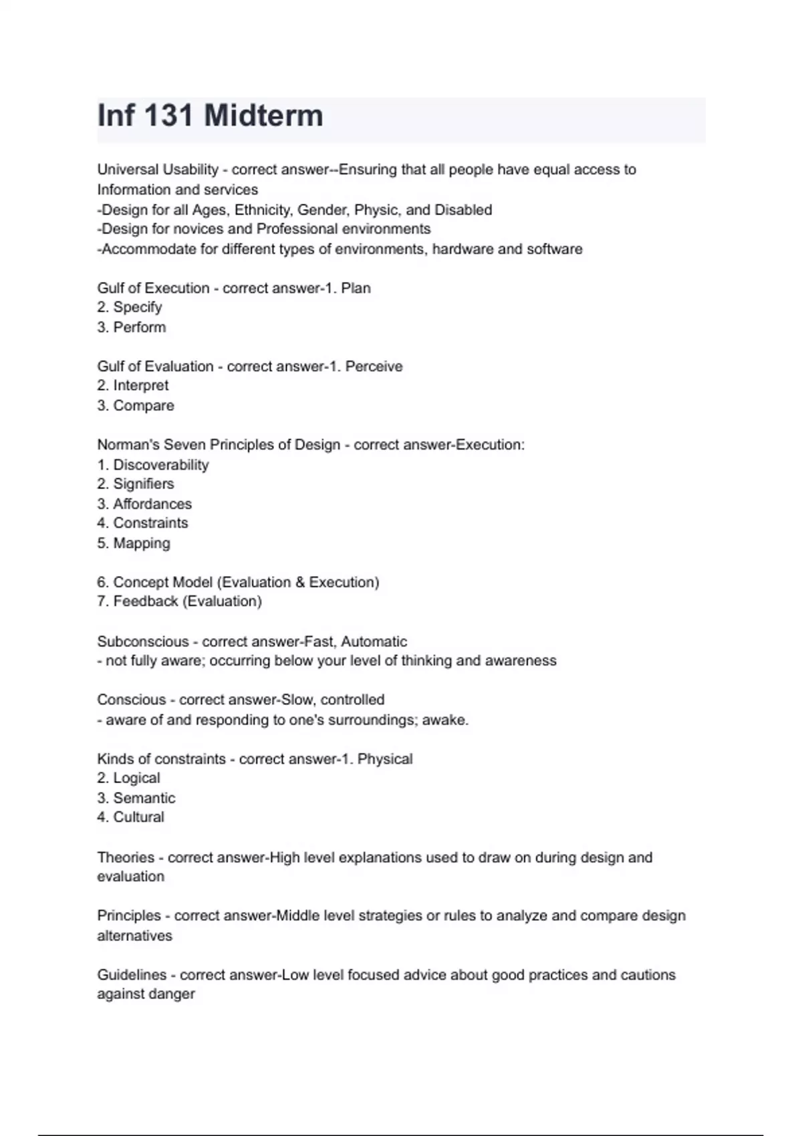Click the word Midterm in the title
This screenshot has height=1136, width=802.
(263, 116)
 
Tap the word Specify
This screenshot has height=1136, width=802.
(137, 307)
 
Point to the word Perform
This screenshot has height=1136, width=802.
(139, 327)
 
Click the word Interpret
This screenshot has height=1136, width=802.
(140, 386)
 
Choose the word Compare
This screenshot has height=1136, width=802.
(143, 406)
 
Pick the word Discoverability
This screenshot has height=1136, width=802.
(160, 465)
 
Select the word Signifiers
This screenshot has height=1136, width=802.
(143, 484)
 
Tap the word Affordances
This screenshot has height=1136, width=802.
(152, 504)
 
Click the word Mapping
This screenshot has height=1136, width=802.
(141, 543)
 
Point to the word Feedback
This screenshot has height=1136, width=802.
(145, 601)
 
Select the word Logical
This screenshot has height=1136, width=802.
(136, 778)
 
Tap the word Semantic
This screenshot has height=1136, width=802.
(144, 799)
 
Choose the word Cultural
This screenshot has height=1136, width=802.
(138, 817)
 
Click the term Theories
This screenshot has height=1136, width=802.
(126, 857)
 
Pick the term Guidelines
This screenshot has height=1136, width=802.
(131, 975)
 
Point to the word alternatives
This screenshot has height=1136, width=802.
(134, 936)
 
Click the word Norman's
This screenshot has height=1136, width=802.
(128, 445)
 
